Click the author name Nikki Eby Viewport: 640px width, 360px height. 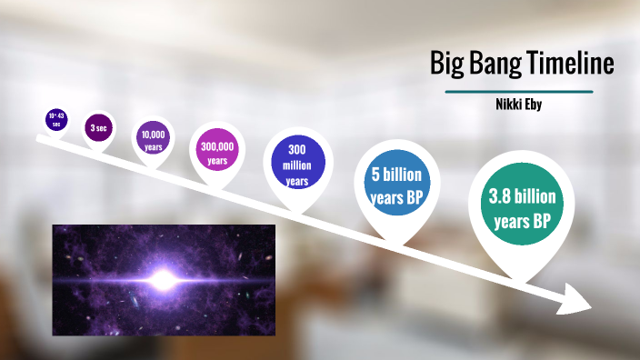click(519, 105)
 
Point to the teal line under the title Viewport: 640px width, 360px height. click(519, 92)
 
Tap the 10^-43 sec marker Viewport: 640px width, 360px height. click(56, 119)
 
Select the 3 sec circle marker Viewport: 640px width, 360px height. click(96, 129)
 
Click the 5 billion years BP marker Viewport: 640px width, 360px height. click(396, 186)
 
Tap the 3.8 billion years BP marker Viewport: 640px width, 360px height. click(521, 208)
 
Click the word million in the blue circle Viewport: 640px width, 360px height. click(296, 165)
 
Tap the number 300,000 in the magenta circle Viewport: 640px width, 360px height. click(216, 146)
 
